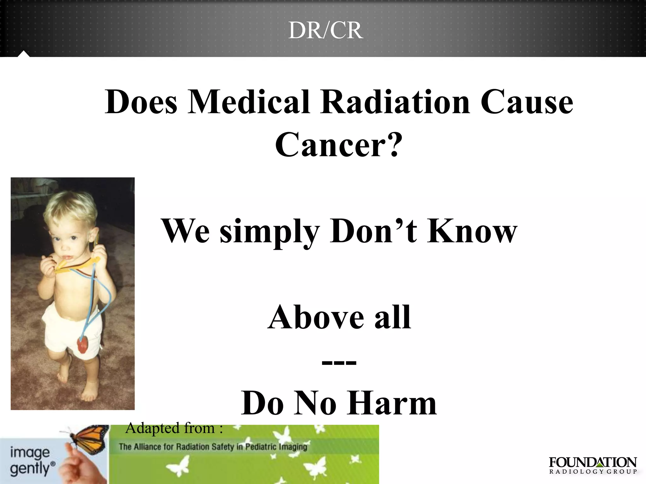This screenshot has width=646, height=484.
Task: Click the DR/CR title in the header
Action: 326,31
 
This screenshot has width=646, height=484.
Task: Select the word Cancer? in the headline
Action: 339,145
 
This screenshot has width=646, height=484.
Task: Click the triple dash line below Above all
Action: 339,362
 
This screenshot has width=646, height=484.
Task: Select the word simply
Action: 270,233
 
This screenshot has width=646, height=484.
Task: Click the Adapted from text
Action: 174,428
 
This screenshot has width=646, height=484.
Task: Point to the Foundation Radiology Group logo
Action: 593,465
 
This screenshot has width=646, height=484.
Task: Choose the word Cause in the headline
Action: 526,102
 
